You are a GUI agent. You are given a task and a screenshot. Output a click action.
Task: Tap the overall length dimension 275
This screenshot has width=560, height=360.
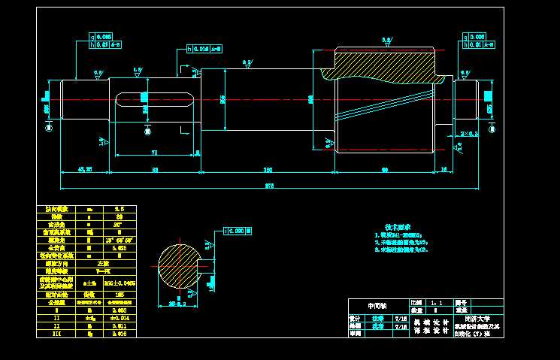268,185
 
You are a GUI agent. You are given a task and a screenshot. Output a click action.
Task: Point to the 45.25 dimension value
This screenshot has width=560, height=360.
85,169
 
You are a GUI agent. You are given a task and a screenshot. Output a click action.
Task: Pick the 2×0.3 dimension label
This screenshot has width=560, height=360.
470,134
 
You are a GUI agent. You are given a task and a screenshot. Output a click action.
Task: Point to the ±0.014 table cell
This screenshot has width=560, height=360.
118,317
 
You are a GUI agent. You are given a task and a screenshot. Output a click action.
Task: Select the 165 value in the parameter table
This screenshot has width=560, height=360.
118,295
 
